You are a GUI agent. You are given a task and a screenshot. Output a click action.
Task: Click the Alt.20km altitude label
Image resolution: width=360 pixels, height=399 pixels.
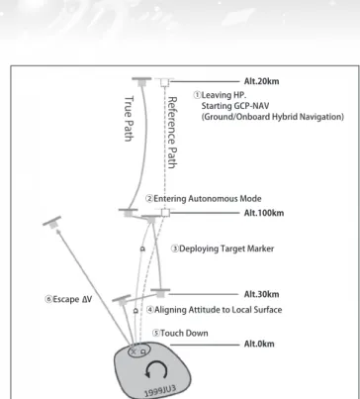coord(261,81)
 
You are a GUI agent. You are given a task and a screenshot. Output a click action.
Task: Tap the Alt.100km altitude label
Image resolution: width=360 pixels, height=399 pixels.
coord(264,213)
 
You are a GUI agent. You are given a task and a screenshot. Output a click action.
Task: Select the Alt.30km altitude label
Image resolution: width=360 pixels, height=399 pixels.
coord(261,294)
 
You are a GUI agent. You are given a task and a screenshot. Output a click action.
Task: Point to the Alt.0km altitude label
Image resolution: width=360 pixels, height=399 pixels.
coord(259,344)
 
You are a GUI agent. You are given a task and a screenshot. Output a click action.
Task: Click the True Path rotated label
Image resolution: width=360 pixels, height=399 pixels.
coord(129,119)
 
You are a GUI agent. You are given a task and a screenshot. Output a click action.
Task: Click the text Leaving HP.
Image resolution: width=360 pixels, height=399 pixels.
coord(224,95)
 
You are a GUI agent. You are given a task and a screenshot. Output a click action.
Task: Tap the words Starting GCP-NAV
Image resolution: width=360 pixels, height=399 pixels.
coord(235,106)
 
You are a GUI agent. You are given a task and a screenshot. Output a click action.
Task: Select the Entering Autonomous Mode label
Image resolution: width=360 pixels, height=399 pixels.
coord(208,199)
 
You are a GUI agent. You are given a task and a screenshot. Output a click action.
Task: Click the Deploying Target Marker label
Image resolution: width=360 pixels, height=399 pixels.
coord(226,249)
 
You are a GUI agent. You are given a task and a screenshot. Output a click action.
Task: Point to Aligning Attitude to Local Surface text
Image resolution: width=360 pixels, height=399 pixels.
coord(218,310)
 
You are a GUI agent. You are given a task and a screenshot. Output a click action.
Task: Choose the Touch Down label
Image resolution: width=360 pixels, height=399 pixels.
coord(184,333)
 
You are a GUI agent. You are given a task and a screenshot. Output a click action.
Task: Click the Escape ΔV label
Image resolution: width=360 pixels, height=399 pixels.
coord(72,299)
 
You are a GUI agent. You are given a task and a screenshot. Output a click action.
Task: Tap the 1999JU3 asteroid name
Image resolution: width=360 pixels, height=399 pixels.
coord(160,390)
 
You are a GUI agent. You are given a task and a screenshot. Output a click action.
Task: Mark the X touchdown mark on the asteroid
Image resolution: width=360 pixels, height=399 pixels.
coord(134,351)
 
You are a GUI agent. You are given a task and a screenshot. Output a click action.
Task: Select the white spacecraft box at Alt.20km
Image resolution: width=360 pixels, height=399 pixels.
coord(164,82)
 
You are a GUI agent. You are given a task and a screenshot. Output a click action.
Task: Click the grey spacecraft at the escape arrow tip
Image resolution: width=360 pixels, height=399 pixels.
coord(52,222)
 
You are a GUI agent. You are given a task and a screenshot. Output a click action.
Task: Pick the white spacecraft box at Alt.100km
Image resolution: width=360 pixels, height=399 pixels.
coord(165,212)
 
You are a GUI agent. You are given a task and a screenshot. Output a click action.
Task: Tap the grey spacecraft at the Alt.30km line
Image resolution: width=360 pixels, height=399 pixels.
coord(160,292)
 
